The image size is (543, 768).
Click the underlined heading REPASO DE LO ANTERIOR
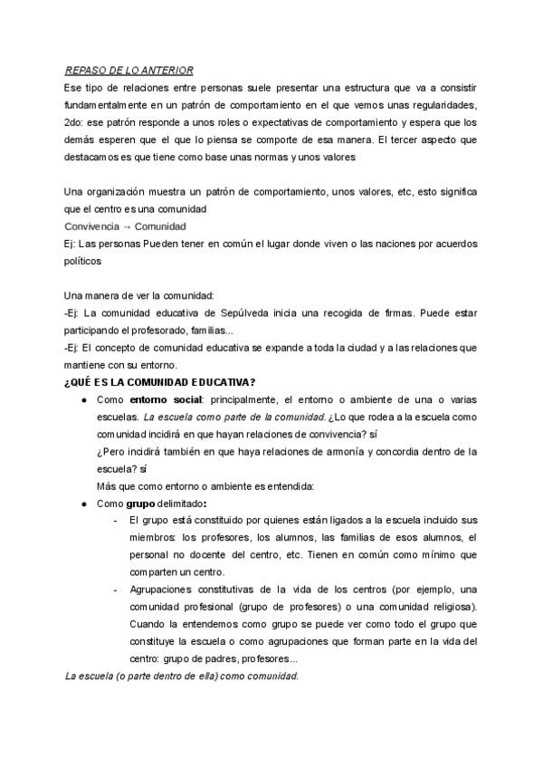[129, 70]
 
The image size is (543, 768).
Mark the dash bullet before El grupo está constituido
[115, 521]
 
